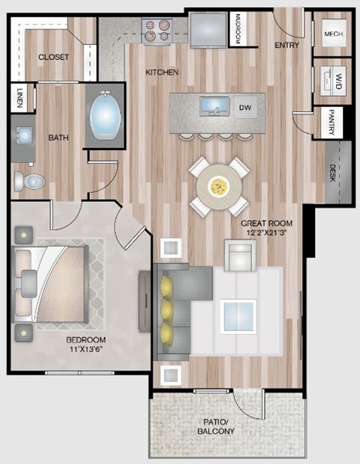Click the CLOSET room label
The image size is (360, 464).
click(53, 57)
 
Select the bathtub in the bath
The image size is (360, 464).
click(106, 118)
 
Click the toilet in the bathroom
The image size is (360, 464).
click(31, 180)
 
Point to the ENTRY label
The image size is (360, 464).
click(287, 46)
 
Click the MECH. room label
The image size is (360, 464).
click(333, 34)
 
